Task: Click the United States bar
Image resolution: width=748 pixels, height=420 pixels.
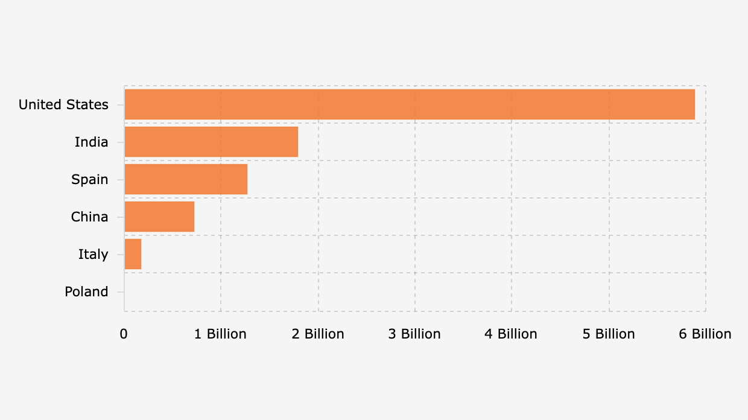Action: pos(410,104)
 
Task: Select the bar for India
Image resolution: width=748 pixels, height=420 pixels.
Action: pos(211,142)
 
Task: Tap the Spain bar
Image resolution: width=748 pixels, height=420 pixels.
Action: pos(186,179)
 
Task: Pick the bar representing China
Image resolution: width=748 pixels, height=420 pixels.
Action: pos(159,217)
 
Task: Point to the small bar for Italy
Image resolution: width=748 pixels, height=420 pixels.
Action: pos(133,254)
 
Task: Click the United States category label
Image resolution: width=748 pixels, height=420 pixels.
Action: pos(63,104)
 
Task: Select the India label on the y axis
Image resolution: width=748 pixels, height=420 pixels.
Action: pos(92,142)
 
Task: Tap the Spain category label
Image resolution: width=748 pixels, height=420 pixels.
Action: pos(90,179)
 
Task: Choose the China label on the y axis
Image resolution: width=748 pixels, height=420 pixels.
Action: pos(90,217)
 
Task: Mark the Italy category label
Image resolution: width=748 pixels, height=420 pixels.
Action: pos(93,254)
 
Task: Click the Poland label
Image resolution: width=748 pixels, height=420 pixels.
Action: pos(87,291)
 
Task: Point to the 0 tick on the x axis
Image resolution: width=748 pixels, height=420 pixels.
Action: pos(124,334)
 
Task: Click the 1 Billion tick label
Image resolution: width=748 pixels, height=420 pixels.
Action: pos(220,334)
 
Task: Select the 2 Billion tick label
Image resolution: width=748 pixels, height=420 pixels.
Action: pos(318,334)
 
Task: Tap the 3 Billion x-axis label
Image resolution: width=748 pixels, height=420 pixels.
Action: pos(414,334)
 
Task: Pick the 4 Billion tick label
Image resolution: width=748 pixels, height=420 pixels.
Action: pos(511,334)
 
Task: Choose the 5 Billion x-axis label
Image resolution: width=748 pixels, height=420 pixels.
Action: pos(609,334)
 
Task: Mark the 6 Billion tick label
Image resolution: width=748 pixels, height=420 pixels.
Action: pos(705,334)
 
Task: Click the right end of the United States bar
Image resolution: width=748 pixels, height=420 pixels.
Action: pos(694,104)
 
